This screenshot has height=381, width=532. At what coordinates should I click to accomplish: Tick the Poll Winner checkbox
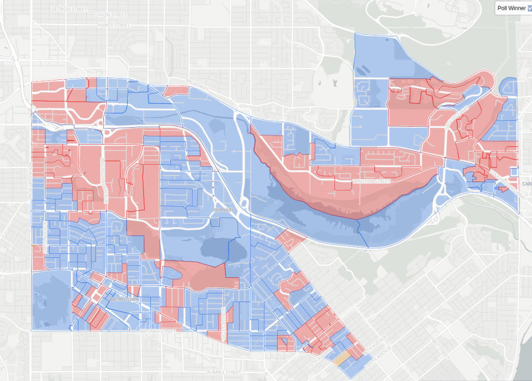click(x=529, y=8)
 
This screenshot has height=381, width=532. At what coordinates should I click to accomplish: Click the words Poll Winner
click(x=511, y=8)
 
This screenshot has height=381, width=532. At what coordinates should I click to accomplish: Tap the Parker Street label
click(x=113, y=25)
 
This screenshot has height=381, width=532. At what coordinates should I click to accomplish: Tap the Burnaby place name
click(x=224, y=209)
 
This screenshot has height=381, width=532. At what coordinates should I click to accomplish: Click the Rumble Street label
click(x=224, y=372)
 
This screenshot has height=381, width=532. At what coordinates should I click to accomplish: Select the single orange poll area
click(x=341, y=358)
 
